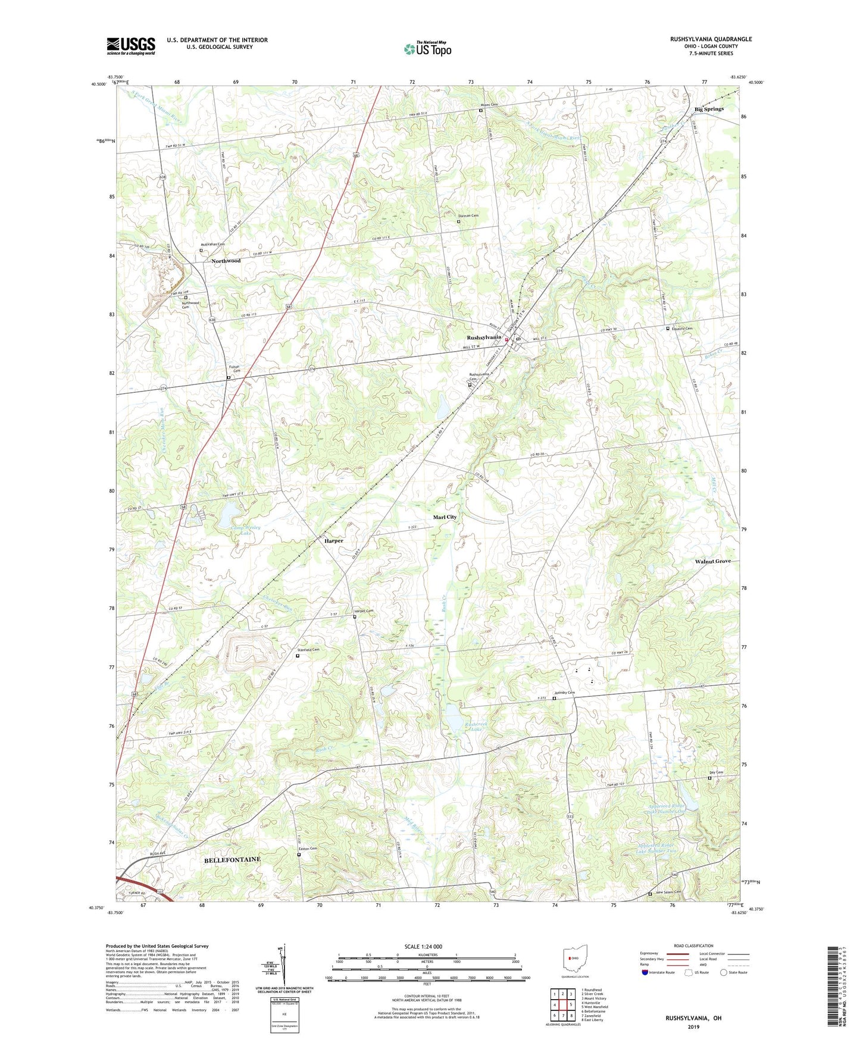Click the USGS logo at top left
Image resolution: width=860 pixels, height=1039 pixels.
(131, 46)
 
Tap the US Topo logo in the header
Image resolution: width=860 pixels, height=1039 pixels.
(427, 49)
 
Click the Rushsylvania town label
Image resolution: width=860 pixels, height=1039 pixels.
(483, 337)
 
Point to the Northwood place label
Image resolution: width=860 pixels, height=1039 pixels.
(226, 261)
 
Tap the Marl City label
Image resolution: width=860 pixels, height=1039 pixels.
(445, 517)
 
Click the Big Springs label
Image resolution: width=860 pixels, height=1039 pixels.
(709, 109)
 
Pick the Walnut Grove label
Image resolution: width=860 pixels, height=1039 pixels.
(712, 561)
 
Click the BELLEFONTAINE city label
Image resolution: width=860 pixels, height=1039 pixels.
(232, 860)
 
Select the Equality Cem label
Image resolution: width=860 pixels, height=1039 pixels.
(682, 328)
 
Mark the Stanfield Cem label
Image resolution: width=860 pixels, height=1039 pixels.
(309, 650)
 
